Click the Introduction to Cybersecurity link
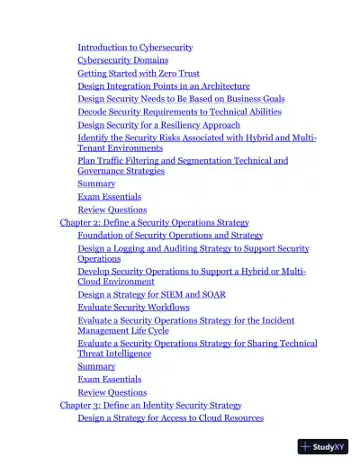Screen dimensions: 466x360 [x=135, y=47]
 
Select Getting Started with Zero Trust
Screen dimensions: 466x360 [x=139, y=73]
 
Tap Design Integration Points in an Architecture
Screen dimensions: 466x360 [x=164, y=86]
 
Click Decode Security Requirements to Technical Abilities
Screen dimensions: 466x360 [x=179, y=112]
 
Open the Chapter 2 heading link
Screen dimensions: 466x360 [x=154, y=222]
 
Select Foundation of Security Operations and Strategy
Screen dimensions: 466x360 [x=170, y=235]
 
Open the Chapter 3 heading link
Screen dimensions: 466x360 [x=150, y=405]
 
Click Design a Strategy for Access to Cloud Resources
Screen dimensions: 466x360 [x=170, y=417]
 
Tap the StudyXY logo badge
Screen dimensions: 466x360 [x=322, y=445]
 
